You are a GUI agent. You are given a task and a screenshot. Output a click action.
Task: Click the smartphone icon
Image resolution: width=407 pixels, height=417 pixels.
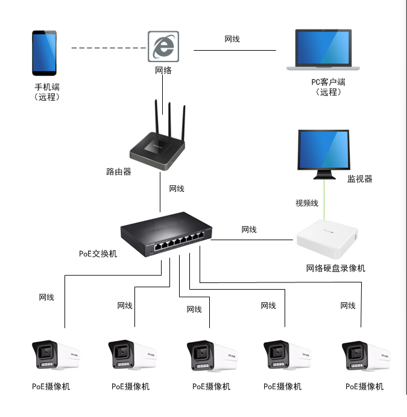[x=46, y=54]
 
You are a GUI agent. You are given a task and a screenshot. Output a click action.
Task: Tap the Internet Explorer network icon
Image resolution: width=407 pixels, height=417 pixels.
[x=163, y=46]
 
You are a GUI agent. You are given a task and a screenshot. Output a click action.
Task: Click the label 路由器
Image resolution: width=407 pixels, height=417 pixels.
[x=119, y=172]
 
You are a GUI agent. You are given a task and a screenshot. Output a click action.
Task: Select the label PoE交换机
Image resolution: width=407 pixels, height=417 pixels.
[x=98, y=253]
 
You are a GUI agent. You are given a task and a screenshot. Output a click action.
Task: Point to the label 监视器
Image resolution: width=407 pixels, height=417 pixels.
[x=359, y=179]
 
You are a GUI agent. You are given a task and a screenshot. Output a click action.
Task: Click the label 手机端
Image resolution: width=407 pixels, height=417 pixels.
[x=47, y=87]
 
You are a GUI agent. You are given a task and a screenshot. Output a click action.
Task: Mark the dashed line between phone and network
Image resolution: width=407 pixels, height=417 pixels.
[x=109, y=47]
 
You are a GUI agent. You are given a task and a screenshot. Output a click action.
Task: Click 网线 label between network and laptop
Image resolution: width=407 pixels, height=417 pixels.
[x=232, y=39]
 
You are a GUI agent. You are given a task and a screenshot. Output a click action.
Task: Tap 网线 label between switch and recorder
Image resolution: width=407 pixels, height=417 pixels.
[x=249, y=230]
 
